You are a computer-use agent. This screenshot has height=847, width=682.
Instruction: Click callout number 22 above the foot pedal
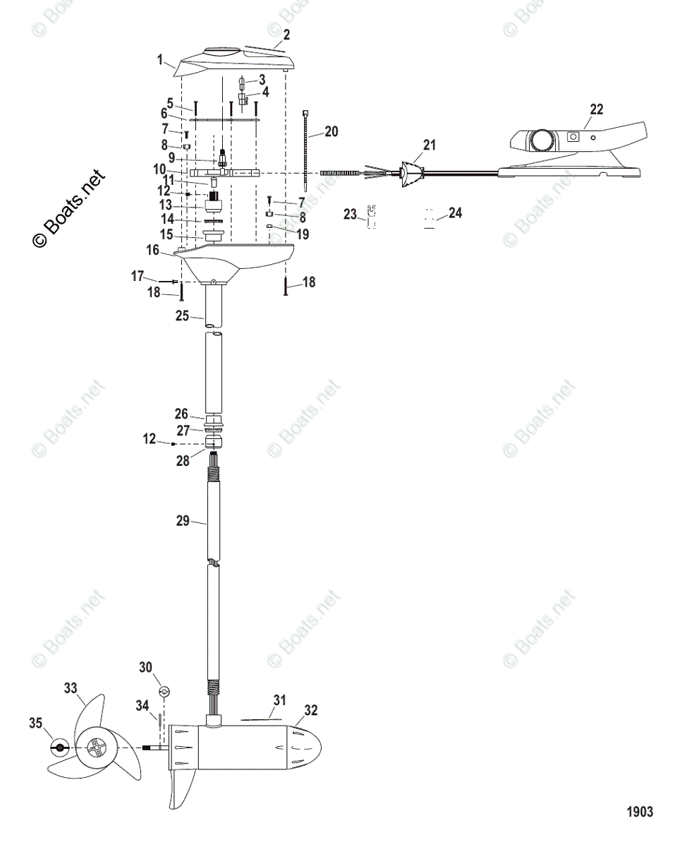tap(597, 109)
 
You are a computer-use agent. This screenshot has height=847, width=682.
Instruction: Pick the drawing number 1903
tap(640, 812)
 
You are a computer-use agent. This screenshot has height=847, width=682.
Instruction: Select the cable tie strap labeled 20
tap(307, 152)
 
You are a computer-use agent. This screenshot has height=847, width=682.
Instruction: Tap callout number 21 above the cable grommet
tap(429, 145)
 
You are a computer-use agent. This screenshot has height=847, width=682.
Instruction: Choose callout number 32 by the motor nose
tap(311, 710)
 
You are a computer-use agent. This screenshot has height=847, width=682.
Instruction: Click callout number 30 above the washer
tap(145, 668)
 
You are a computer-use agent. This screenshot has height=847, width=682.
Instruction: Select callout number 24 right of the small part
tap(455, 212)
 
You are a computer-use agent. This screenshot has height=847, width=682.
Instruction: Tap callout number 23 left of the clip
tap(351, 213)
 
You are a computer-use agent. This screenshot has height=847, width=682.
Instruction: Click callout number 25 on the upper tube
tap(182, 316)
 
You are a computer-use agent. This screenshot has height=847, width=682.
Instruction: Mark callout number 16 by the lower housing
tap(152, 249)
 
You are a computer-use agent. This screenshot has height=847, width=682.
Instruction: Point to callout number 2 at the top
tap(286, 34)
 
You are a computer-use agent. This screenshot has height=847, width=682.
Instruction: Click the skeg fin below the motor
tap(181, 791)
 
